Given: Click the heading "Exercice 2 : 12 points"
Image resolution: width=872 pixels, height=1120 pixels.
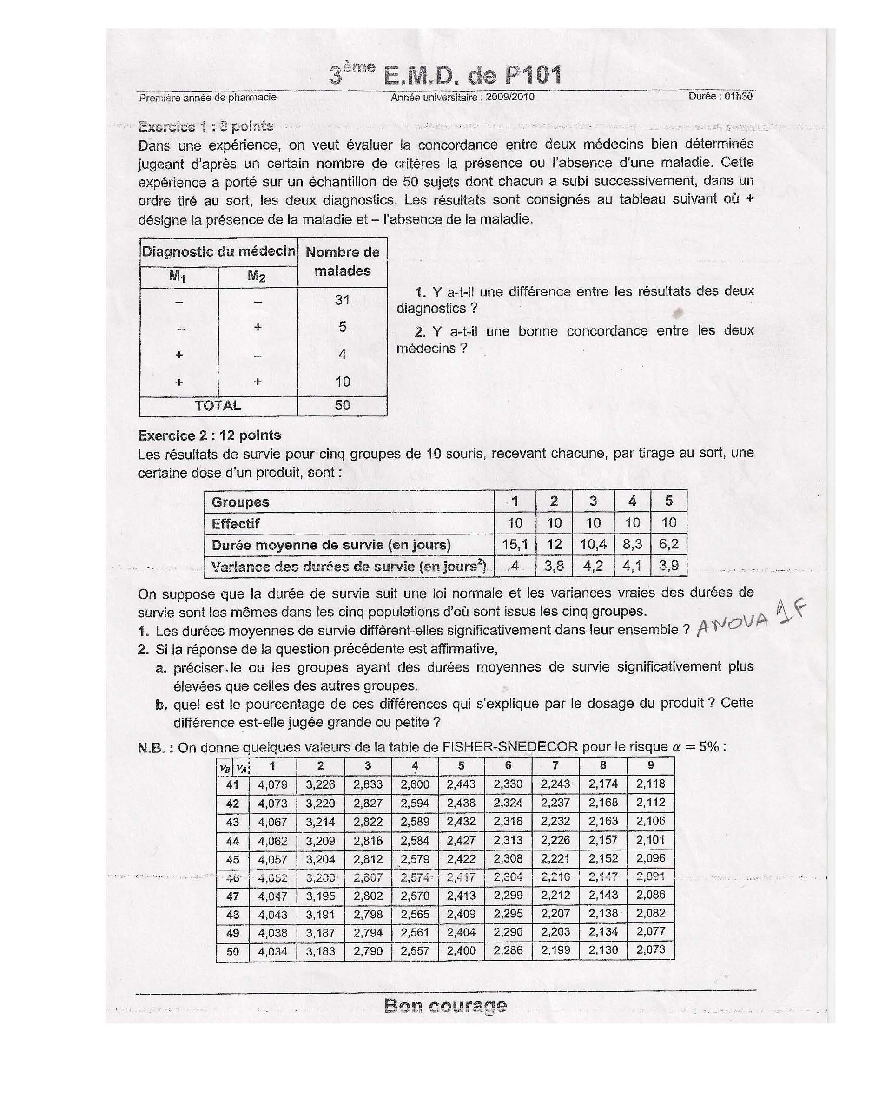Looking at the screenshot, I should (209, 435).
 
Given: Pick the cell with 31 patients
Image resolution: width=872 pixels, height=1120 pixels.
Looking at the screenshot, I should (342, 299).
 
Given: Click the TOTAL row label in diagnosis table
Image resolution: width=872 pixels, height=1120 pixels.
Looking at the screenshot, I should (218, 406).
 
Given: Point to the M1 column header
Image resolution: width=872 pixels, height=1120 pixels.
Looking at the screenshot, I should (178, 277).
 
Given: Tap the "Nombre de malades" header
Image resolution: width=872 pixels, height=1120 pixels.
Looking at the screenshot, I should (342, 261).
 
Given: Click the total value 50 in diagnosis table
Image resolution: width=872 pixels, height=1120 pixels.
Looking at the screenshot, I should (342, 405).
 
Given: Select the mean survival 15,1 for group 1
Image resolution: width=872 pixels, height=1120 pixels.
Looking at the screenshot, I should (515, 545).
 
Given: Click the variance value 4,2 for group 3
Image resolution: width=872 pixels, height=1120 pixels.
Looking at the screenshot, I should (593, 566).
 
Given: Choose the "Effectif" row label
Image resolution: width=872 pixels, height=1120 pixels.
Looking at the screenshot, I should (236, 524).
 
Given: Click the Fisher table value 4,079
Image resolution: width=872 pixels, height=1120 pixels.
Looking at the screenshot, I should (273, 784).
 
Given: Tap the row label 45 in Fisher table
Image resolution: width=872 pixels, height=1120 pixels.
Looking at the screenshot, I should (232, 859).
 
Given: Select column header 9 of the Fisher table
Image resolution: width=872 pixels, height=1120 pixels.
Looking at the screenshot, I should (650, 765).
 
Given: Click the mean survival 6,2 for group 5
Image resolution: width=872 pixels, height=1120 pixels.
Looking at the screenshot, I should (668, 545).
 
